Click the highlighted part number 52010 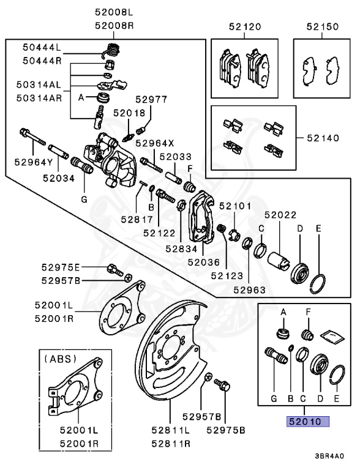click(304, 421)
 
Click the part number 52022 click(280, 215)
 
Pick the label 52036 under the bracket click(203, 262)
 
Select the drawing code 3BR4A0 click(330, 456)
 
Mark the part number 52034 click(59, 178)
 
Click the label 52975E click(61, 267)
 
